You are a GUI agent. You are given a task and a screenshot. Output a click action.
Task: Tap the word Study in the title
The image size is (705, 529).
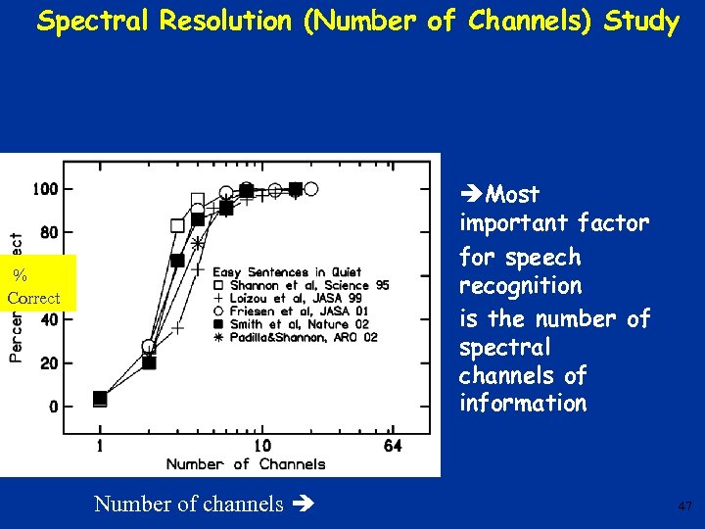pyautogui.click(x=641, y=22)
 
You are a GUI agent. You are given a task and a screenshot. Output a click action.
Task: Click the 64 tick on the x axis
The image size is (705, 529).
pyautogui.click(x=392, y=447)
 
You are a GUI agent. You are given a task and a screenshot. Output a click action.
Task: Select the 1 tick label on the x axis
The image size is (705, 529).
pyautogui.click(x=99, y=447)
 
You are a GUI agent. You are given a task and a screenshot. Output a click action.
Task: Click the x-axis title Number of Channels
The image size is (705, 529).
pyautogui.click(x=245, y=463)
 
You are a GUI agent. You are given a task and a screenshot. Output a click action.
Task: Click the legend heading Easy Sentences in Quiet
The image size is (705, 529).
pyautogui.click(x=287, y=271)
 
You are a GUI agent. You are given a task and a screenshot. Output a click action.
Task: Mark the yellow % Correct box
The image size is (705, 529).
pyautogui.click(x=35, y=283)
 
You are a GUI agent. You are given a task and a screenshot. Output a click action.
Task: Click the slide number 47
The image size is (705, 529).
pyautogui.click(x=684, y=506)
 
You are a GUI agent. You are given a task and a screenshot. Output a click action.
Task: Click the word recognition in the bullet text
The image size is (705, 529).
pyautogui.click(x=521, y=286)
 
